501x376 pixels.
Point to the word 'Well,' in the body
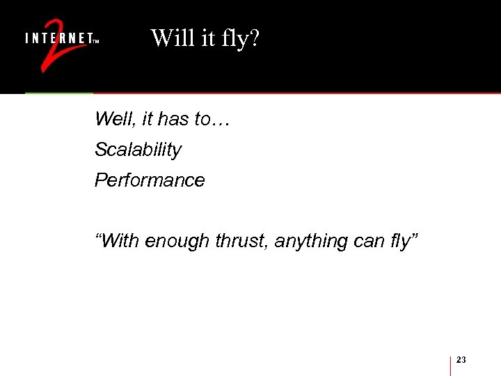tap(116, 119)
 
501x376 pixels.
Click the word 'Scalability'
tap(138, 150)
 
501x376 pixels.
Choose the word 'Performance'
tap(150, 180)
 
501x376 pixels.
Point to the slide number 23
tap(461, 359)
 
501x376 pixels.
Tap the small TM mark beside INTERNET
tap(96, 41)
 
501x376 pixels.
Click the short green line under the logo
tap(59, 93)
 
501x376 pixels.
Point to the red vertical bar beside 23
tap(451, 366)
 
